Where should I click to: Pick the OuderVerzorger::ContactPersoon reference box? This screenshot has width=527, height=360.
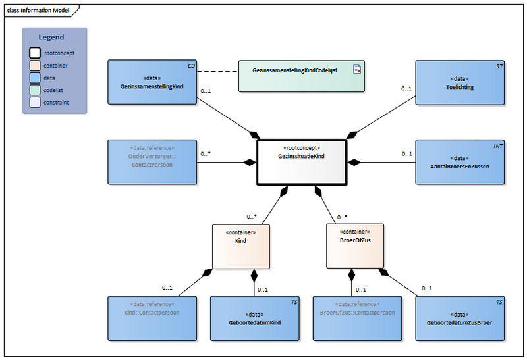click(x=152, y=161)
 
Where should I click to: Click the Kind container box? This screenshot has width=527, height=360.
click(x=240, y=245)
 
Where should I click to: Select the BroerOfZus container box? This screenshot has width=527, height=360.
click(x=355, y=245)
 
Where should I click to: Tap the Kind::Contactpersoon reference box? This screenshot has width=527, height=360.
click(x=152, y=318)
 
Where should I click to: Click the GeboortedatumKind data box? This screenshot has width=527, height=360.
click(x=255, y=318)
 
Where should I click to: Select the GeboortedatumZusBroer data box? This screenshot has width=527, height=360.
click(x=460, y=318)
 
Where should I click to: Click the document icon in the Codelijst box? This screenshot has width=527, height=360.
click(x=356, y=69)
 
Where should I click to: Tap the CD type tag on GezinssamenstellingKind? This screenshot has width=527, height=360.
click(x=190, y=66)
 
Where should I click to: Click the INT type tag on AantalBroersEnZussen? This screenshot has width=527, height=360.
click(x=498, y=145)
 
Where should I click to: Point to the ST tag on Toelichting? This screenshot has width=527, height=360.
click(x=499, y=66)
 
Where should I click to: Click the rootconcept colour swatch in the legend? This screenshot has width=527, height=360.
click(x=34, y=53)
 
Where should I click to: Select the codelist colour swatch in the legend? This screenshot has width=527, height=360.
click(x=34, y=90)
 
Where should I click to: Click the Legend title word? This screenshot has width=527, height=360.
click(x=51, y=38)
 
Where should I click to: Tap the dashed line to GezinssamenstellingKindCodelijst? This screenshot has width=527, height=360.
click(x=217, y=71)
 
